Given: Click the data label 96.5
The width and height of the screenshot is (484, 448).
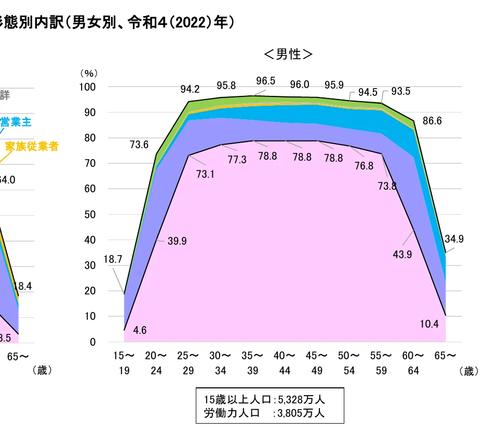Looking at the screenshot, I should (266, 81).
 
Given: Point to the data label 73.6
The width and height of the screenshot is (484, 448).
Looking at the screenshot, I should (139, 145).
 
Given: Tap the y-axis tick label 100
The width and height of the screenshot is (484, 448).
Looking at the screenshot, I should (88, 87).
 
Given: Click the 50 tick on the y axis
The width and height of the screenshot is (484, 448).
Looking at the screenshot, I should (90, 215).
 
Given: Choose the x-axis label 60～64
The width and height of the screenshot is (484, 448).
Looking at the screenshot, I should (414, 363).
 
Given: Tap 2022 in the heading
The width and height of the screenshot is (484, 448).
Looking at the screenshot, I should (187, 23).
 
